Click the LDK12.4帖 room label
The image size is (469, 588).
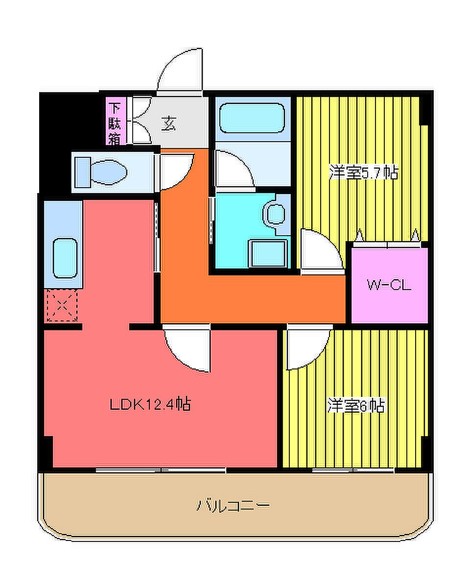[150, 404]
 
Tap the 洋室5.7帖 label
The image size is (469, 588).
[363, 171]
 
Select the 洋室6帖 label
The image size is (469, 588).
[356, 405]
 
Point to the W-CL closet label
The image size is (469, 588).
[389, 285]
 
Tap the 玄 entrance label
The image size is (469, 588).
[168, 124]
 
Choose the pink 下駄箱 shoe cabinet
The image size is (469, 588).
[116, 121]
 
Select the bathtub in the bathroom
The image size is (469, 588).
[252, 118]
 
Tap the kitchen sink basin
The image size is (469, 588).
[65, 258]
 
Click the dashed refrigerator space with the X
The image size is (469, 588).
[62, 305]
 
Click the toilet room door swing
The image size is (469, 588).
[177, 172]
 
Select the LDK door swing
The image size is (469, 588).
[187, 350]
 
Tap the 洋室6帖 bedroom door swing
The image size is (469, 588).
[308, 349]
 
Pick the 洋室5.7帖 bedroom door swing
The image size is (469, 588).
[322, 248]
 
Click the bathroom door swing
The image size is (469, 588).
[235, 169]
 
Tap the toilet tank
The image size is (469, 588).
[82, 172]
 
